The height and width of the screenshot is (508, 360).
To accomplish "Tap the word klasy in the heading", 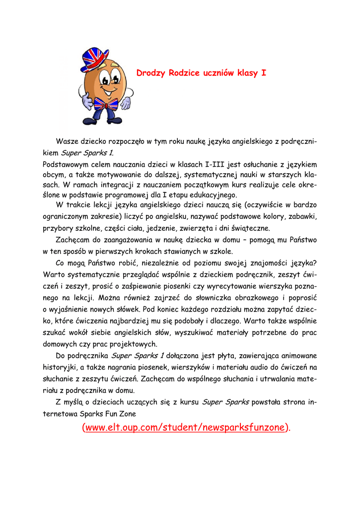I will (248, 73).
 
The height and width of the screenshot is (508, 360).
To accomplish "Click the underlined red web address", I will (187, 427).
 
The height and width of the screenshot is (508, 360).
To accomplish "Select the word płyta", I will (224, 356).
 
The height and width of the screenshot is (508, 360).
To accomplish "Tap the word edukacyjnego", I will (208, 194).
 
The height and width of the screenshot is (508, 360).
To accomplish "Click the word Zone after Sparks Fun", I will (126, 413).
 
